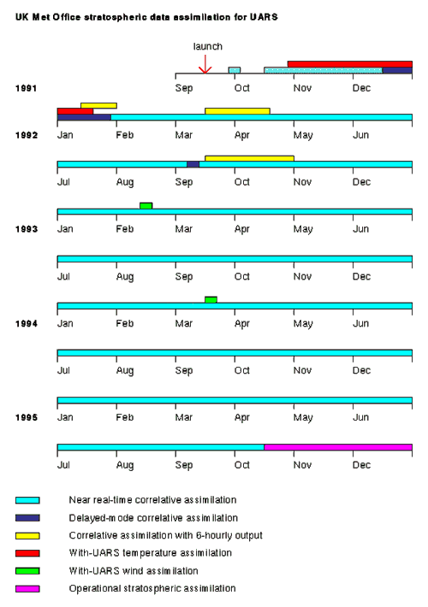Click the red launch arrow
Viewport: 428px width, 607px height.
tap(205, 65)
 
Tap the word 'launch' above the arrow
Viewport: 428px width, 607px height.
tap(207, 46)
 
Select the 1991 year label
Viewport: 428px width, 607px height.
tap(27, 88)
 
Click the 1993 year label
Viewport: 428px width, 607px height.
tap(27, 229)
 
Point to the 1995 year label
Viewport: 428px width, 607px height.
tap(27, 416)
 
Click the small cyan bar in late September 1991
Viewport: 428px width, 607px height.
tap(234, 70)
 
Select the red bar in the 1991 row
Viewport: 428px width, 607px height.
tap(349, 64)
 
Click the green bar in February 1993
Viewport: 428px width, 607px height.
tap(146, 205)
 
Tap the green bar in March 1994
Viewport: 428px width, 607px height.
tap(211, 299)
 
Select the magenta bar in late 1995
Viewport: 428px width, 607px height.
tap(337, 446)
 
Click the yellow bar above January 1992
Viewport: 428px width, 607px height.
tap(98, 105)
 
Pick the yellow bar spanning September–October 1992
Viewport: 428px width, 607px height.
tap(249, 158)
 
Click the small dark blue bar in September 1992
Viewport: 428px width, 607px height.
tap(193, 164)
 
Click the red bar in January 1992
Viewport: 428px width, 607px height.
tap(74, 111)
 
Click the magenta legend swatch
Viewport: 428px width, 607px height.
tap(27, 588)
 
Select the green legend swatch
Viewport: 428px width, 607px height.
tap(27, 571)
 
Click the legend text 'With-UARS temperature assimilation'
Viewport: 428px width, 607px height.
tap(150, 553)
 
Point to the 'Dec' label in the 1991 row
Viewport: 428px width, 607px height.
tap(361, 88)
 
